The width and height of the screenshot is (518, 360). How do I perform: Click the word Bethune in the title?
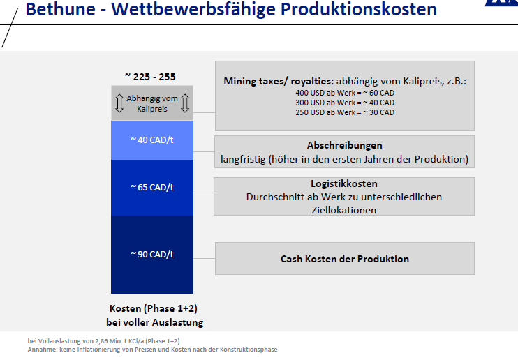click(x=59, y=9)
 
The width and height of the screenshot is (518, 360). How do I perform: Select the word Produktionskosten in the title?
click(x=358, y=9)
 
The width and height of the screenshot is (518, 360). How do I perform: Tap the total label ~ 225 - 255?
click(x=150, y=76)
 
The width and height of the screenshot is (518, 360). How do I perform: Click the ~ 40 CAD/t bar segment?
click(x=151, y=140)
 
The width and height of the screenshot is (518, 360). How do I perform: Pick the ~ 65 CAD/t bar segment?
click(x=151, y=187)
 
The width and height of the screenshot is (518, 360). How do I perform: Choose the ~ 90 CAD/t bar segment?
click(x=151, y=254)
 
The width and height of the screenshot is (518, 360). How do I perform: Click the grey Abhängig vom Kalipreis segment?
click(x=151, y=103)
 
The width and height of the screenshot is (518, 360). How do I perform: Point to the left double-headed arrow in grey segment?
click(x=119, y=103)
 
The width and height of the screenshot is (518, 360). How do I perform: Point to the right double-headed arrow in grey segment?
click(x=185, y=103)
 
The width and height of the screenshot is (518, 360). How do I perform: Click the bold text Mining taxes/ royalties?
click(x=278, y=81)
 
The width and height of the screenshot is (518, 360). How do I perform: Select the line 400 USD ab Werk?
click(x=344, y=93)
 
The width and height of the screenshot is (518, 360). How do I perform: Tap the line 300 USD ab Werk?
click(x=344, y=103)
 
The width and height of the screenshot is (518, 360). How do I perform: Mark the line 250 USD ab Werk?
click(x=344, y=112)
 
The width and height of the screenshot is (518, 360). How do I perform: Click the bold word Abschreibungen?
click(x=344, y=146)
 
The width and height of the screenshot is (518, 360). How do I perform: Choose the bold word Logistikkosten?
click(x=344, y=184)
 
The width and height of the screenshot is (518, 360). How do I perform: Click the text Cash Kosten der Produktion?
click(x=344, y=259)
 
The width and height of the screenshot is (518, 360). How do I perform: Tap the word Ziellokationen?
click(x=344, y=209)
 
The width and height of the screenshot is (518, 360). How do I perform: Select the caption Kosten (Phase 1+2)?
click(x=151, y=309)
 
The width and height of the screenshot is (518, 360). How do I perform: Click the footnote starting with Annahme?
click(x=152, y=349)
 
